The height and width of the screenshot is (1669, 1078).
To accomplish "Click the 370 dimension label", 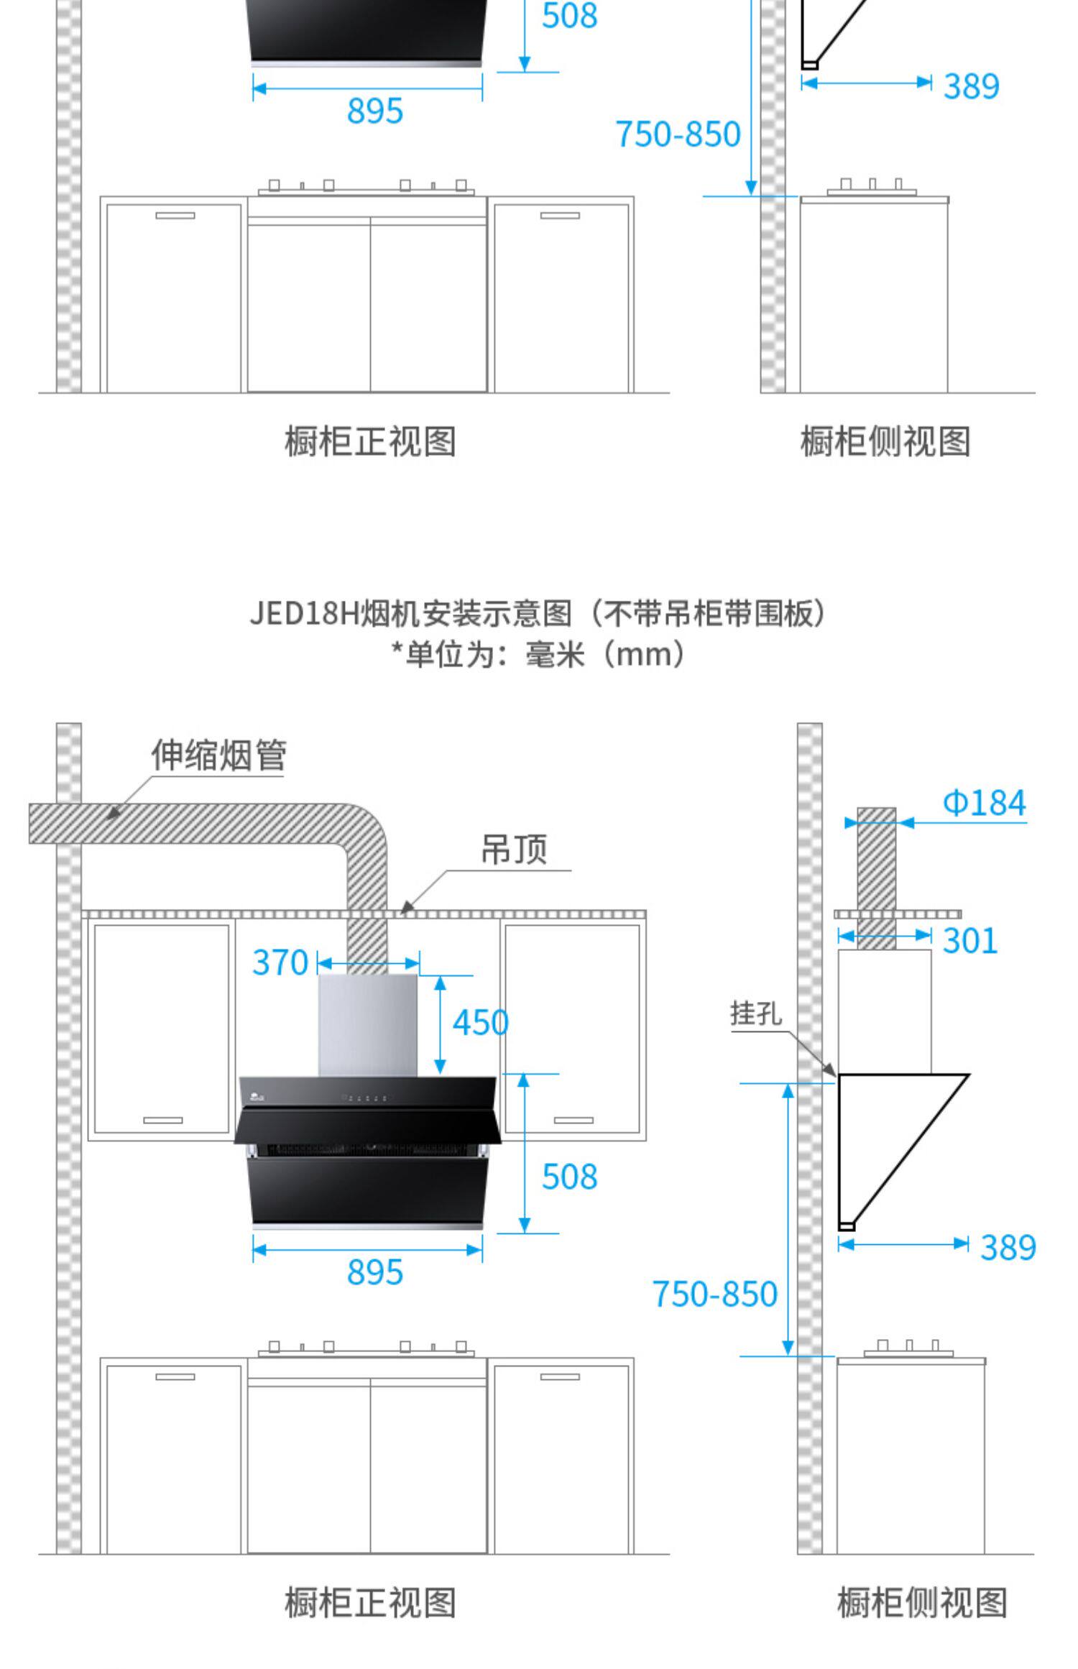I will pyautogui.click(x=280, y=962).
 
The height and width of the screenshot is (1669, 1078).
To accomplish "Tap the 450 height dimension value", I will pyautogui.click(x=480, y=1022).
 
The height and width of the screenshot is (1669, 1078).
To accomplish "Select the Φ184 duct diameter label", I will pyautogui.click(x=984, y=803).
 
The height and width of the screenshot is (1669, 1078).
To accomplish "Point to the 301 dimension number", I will pyautogui.click(x=969, y=941).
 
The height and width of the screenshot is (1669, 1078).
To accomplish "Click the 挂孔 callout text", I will pyautogui.click(x=755, y=1013).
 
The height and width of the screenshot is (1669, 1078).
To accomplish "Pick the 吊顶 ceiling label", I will pyautogui.click(x=514, y=850).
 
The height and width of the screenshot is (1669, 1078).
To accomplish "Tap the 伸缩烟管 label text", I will pyautogui.click(x=218, y=755).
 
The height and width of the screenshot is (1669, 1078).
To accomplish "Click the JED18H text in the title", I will pyautogui.click(x=304, y=614).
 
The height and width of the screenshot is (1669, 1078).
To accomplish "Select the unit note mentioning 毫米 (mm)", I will pyautogui.click(x=538, y=654).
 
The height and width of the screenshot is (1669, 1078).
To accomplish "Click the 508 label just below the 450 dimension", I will pyautogui.click(x=569, y=1177).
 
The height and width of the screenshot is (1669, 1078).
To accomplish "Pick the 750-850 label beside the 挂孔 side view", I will pyautogui.click(x=714, y=1294).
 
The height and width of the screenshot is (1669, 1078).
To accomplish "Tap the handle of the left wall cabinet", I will pyautogui.click(x=163, y=1120).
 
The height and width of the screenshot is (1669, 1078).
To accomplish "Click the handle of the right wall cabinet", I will pyautogui.click(x=573, y=1120).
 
